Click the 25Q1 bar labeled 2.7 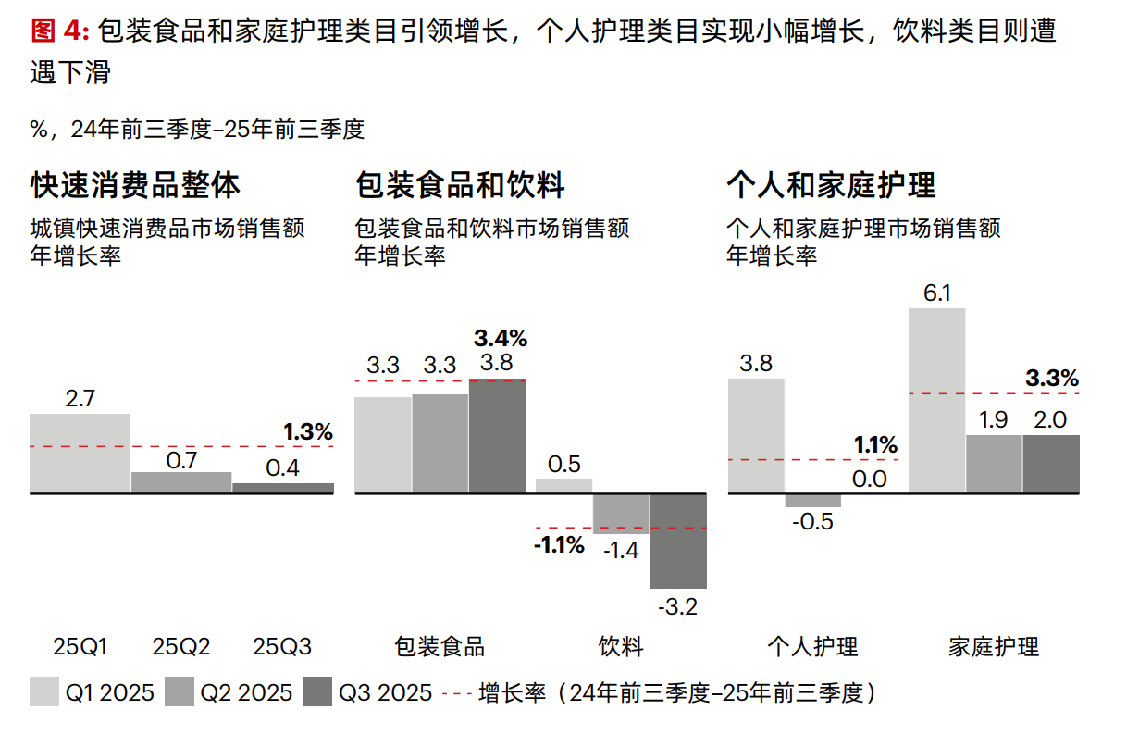pyautogui.click(x=80, y=454)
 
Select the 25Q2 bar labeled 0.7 pyautogui.click(x=181, y=482)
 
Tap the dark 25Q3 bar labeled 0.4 pyautogui.click(x=283, y=488)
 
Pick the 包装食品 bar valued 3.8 pyautogui.click(x=497, y=436)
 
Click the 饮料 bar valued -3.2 pyautogui.click(x=678, y=541)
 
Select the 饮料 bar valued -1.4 pyautogui.click(x=621, y=514)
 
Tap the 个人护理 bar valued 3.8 pyautogui.click(x=757, y=435)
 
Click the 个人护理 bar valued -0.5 pyautogui.click(x=813, y=500)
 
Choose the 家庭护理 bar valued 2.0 pyautogui.click(x=1051, y=464)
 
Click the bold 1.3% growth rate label pyautogui.click(x=307, y=431)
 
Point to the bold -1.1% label pyautogui.click(x=559, y=544)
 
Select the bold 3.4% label pyautogui.click(x=500, y=337)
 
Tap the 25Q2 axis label pyautogui.click(x=181, y=646)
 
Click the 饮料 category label pyautogui.click(x=621, y=646)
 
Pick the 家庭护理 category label pyautogui.click(x=995, y=646)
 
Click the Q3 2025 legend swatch pyautogui.click(x=319, y=692)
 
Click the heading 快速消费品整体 pyautogui.click(x=135, y=185)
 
